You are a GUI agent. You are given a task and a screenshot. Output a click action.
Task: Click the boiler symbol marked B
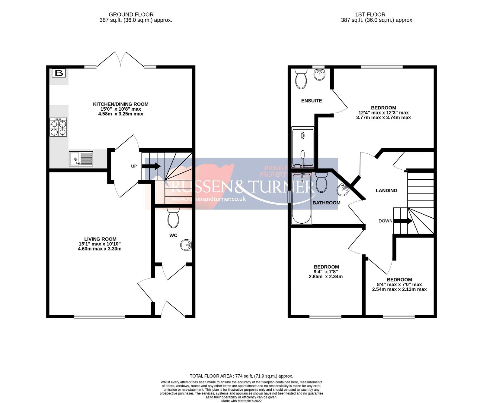59,73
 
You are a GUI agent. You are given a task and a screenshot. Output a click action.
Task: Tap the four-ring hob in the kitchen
58,127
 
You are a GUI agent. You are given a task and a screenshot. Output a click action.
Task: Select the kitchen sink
81,159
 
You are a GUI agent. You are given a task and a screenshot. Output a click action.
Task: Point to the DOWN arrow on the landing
403,221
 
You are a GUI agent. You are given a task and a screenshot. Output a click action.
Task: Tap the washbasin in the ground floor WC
186,245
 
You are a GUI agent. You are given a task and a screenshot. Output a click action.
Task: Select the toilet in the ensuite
301,78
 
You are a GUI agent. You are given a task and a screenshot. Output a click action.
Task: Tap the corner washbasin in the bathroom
343,190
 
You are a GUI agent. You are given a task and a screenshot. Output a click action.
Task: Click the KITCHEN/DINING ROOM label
120,104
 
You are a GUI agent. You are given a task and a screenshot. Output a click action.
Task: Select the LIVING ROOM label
100,239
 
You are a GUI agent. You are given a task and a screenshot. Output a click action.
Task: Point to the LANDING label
386,190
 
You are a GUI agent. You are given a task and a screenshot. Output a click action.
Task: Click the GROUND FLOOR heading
131,14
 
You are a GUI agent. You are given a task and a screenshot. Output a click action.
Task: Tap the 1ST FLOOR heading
370,14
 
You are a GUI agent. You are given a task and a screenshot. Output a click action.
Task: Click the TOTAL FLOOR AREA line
241,376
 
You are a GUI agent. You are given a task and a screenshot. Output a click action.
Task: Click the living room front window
100,316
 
